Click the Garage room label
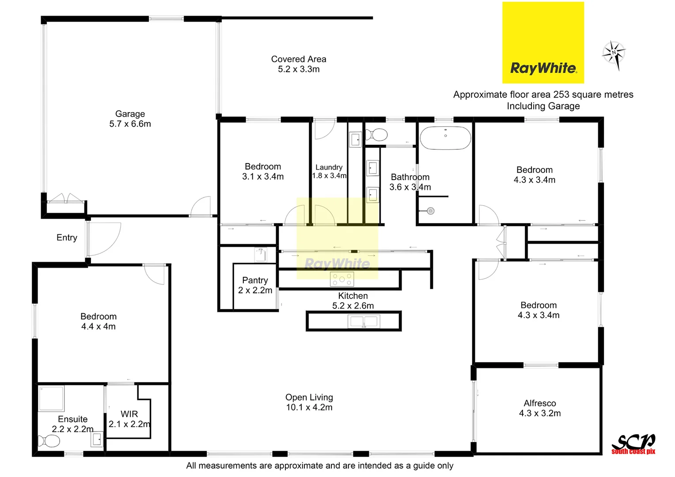tap(130, 119)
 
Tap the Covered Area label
tap(299, 64)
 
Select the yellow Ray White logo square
tap(543, 42)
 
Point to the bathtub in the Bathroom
tap(445, 138)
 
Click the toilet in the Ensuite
tap(49, 441)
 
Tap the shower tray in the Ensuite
tap(51, 398)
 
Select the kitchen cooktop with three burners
tap(342, 279)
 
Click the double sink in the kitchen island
tap(364, 321)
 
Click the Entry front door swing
tap(104, 239)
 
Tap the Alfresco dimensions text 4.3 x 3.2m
tap(540, 413)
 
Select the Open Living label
tap(309, 402)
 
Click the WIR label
tap(129, 414)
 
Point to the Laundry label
tap(329, 167)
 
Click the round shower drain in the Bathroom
tap(431, 211)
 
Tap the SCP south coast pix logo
tap(633, 444)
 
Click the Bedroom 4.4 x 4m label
tap(98, 321)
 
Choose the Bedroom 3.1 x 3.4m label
tap(263, 171)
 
